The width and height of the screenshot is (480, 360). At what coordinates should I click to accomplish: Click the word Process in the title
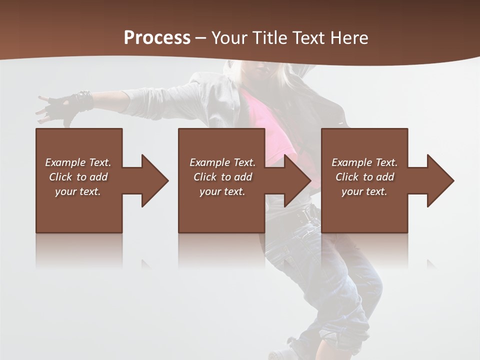click(157, 38)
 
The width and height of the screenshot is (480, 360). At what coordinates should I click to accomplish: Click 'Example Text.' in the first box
click(78, 162)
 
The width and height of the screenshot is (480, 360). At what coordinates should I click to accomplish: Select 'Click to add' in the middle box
click(222, 177)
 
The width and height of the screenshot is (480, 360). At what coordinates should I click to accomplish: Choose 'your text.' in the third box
click(364, 191)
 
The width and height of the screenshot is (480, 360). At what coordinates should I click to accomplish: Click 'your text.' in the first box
click(78, 191)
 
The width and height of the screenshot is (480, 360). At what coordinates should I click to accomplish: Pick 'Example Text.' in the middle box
click(222, 162)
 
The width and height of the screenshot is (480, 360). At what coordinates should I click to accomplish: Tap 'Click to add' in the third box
click(364, 177)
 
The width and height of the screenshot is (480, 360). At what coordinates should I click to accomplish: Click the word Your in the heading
click(229, 38)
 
